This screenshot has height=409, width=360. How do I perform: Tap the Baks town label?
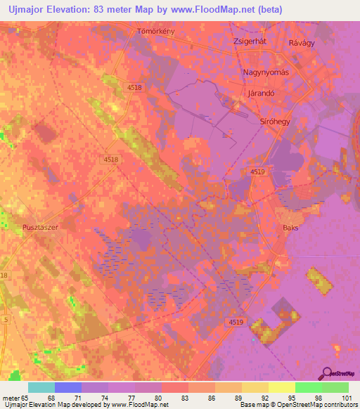click(x=291, y=228)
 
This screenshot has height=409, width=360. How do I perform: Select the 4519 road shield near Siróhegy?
click(x=257, y=171)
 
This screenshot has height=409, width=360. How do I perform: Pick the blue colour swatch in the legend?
click(x=68, y=387)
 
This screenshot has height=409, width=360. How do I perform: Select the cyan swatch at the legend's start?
click(x=41, y=387)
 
